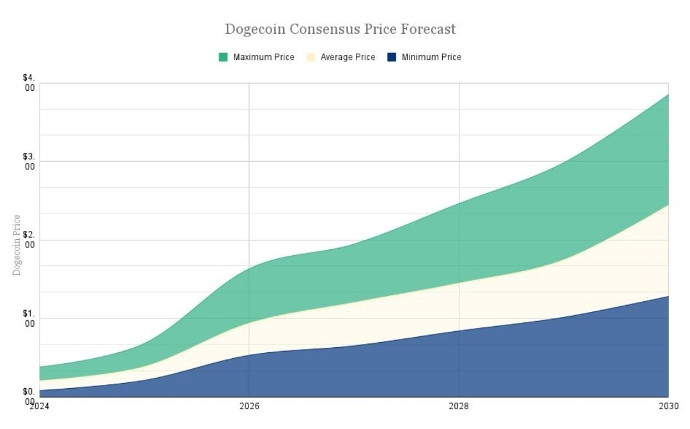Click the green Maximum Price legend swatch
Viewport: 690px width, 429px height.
click(x=223, y=58)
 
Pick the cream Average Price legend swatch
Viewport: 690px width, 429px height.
click(x=310, y=58)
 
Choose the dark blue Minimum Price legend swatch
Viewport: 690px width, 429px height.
click(x=392, y=58)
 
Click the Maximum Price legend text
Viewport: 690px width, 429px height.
click(x=263, y=58)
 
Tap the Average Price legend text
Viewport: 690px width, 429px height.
click(x=348, y=58)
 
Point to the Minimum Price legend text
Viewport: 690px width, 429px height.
click(x=431, y=58)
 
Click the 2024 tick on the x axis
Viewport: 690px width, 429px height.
click(x=39, y=405)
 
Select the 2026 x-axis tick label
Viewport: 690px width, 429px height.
click(x=249, y=405)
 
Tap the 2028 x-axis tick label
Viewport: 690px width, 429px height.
click(x=459, y=405)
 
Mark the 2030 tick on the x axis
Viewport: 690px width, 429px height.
click(x=668, y=405)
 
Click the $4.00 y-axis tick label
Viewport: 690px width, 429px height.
click(x=29, y=82)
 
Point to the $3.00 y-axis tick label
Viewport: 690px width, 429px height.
click(x=29, y=161)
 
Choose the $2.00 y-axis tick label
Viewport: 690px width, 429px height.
click(x=29, y=240)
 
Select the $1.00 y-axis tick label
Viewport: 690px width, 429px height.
click(x=29, y=318)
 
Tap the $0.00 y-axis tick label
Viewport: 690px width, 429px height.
click(x=29, y=396)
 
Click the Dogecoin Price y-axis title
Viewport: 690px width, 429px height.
click(x=17, y=245)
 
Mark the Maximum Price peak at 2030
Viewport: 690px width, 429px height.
click(x=668, y=95)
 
